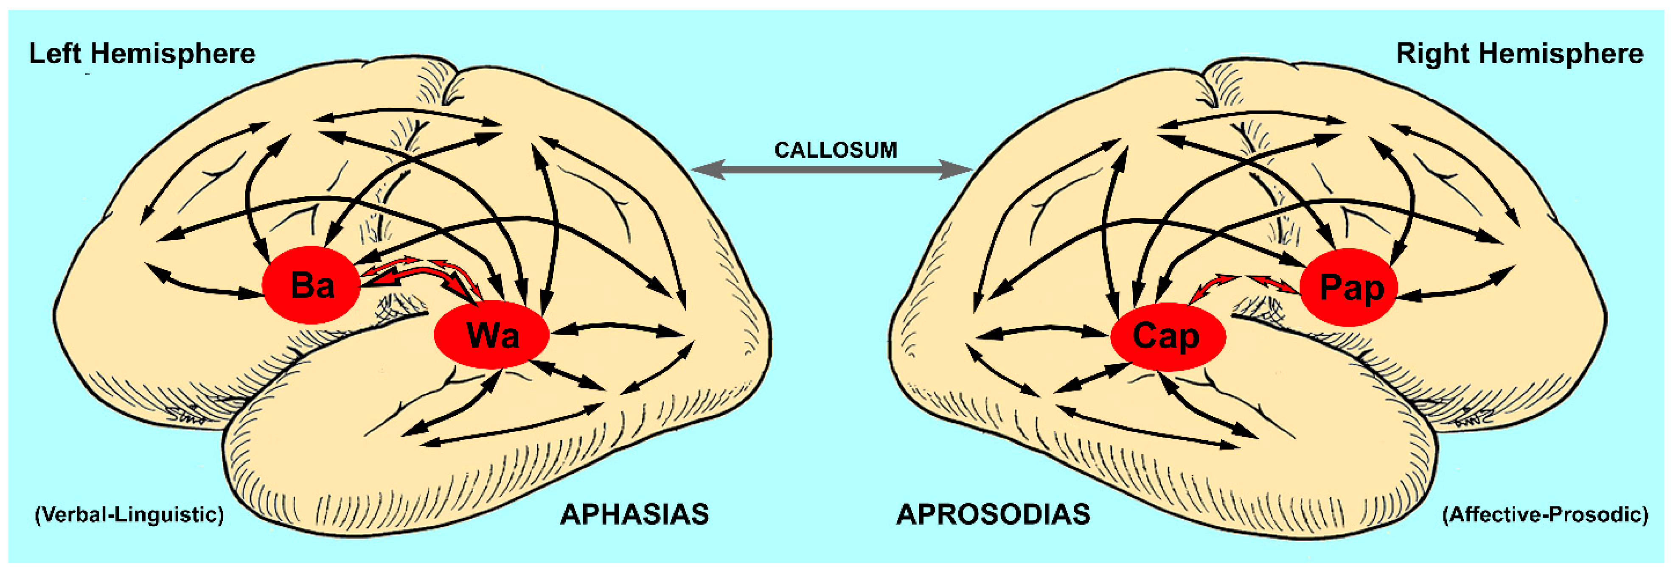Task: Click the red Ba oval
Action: [311, 285]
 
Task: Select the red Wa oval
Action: [491, 335]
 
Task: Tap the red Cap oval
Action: [1168, 336]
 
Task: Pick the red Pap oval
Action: [1349, 287]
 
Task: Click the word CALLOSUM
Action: [835, 151]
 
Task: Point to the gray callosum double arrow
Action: [831, 170]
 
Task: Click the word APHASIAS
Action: [634, 514]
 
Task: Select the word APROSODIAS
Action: [993, 514]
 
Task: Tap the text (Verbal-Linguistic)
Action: [129, 514]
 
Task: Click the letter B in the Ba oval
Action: [301, 285]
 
